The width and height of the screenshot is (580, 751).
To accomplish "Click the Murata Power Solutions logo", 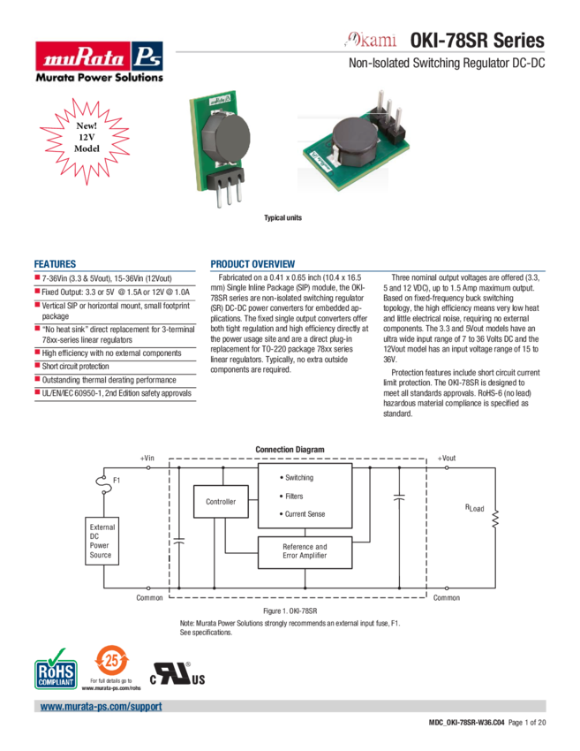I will (98, 60).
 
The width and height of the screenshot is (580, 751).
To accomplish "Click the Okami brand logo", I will (371, 41).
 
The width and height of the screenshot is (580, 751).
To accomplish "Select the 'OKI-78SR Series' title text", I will (477, 41).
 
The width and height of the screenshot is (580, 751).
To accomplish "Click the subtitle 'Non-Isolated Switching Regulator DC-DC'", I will (447, 64).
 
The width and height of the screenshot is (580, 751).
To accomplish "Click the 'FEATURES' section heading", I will (54, 263).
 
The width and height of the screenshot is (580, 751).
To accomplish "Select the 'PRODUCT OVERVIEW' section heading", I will (252, 263).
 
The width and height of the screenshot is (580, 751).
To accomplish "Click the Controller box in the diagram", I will (221, 502).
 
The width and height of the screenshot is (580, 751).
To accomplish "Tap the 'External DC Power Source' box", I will (101, 542).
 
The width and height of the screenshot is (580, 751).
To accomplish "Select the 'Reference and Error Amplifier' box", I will (305, 551).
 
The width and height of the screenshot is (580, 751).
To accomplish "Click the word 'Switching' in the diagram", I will (298, 478).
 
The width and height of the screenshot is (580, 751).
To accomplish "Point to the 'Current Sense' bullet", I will (305, 514).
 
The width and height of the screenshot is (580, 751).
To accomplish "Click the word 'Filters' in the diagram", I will (294, 497).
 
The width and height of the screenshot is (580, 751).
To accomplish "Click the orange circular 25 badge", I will (110, 662).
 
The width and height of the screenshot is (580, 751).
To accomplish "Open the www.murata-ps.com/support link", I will (101, 708).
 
